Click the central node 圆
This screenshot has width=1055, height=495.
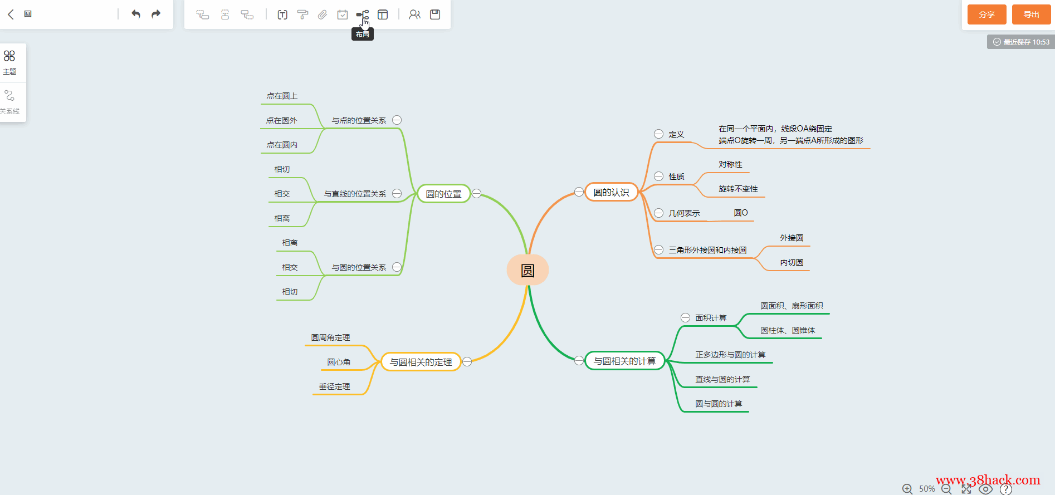coord(527,270)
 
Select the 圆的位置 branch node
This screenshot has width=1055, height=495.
coord(444,194)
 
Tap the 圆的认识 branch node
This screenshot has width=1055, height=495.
coord(611,192)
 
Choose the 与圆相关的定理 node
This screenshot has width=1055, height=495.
coord(421,362)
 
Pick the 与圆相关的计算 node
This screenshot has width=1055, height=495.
coord(624,361)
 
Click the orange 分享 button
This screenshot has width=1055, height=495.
coord(986,14)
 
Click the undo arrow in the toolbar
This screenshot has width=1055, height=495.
coord(136,14)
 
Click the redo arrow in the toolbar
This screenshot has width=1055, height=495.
coord(156,14)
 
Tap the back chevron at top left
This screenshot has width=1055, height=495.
coord(11,14)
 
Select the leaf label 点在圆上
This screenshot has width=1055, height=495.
coord(282,96)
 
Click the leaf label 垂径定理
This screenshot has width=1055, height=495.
coord(334,386)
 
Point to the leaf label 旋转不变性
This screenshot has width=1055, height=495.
coord(738,189)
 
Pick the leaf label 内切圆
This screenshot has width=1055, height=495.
coord(792,262)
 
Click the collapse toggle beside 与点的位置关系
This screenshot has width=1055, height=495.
coord(397,120)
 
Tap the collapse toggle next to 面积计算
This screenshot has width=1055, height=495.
coord(685,318)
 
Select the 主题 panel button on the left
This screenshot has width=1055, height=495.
coord(9,62)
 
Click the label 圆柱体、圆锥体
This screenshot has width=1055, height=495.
coord(788,330)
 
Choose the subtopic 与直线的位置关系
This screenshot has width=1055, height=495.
coord(355,194)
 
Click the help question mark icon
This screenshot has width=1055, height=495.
coord(1006,489)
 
